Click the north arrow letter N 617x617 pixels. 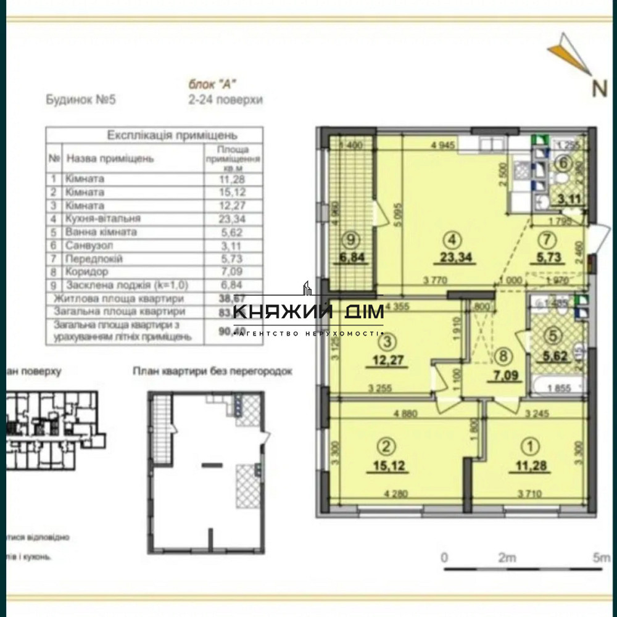(x=599, y=87)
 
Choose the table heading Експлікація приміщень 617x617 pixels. (x=155, y=135)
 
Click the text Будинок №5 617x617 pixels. (x=81, y=100)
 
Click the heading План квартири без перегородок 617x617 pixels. (x=212, y=371)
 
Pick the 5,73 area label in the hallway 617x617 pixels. (x=548, y=258)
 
